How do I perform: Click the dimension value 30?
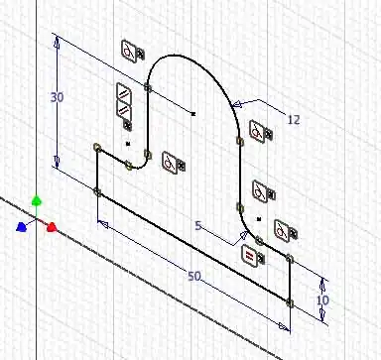pyautogui.click(x=57, y=97)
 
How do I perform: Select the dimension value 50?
pyautogui.click(x=194, y=276)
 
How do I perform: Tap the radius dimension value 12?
pyautogui.click(x=294, y=120)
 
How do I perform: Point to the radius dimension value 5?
pyautogui.click(x=198, y=226)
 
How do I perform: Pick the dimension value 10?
pyautogui.click(x=322, y=300)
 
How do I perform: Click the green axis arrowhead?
pyautogui.click(x=37, y=200)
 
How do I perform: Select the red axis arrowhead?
pyautogui.click(x=52, y=227)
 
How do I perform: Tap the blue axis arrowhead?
pyautogui.click(x=21, y=227)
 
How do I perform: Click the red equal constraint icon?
pyautogui.click(x=249, y=254)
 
